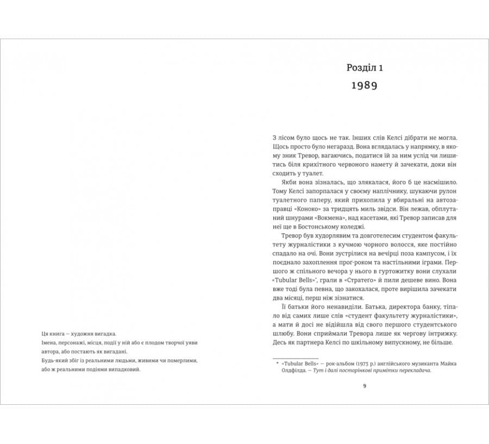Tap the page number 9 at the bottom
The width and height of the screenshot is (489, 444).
click(365, 386)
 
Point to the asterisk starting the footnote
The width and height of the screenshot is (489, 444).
click(277, 362)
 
